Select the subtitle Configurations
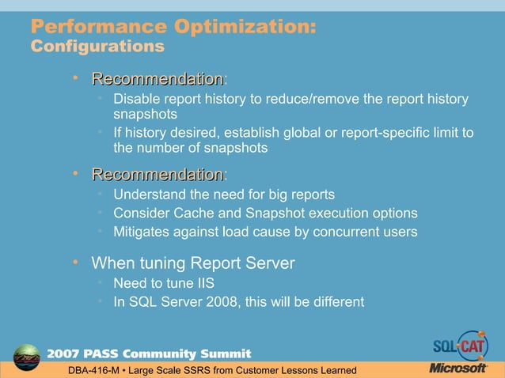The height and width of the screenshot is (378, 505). tap(97, 47)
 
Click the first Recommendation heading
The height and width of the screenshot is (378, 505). tap(157, 79)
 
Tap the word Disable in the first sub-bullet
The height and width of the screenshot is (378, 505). tap(136, 100)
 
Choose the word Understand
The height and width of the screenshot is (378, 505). tap(148, 195)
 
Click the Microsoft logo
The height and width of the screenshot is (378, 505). tap(458, 368)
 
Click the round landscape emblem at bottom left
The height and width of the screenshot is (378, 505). tap(27, 357)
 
